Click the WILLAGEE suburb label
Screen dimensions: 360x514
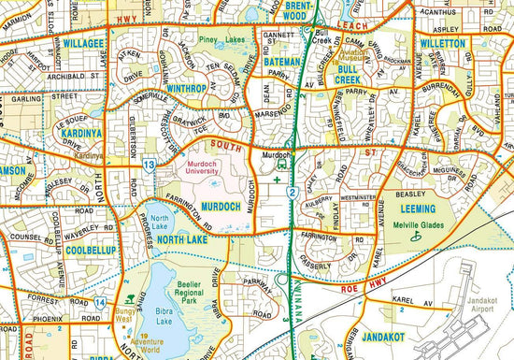tap(83, 43)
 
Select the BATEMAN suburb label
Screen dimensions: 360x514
tap(282, 62)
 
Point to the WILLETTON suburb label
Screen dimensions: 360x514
tap(442, 44)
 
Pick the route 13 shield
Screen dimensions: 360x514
tap(150, 166)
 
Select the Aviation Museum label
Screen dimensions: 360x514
tap(332, 53)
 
